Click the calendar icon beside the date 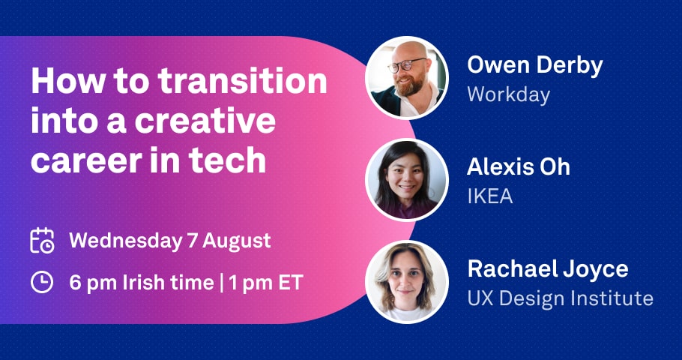[x=42, y=240]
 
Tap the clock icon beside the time [x=42, y=283]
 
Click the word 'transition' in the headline [x=242, y=81]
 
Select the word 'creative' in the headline [x=205, y=121]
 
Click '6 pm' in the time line [x=93, y=283]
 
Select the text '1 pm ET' [x=266, y=283]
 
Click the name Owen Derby [x=535, y=65]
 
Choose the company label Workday [x=508, y=95]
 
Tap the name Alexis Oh [x=519, y=167]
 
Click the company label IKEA [x=489, y=196]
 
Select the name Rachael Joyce [x=548, y=269]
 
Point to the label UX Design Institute [x=561, y=298]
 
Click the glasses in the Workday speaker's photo [x=407, y=65]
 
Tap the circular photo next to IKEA [x=407, y=180]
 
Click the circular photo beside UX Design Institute [x=407, y=282]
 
